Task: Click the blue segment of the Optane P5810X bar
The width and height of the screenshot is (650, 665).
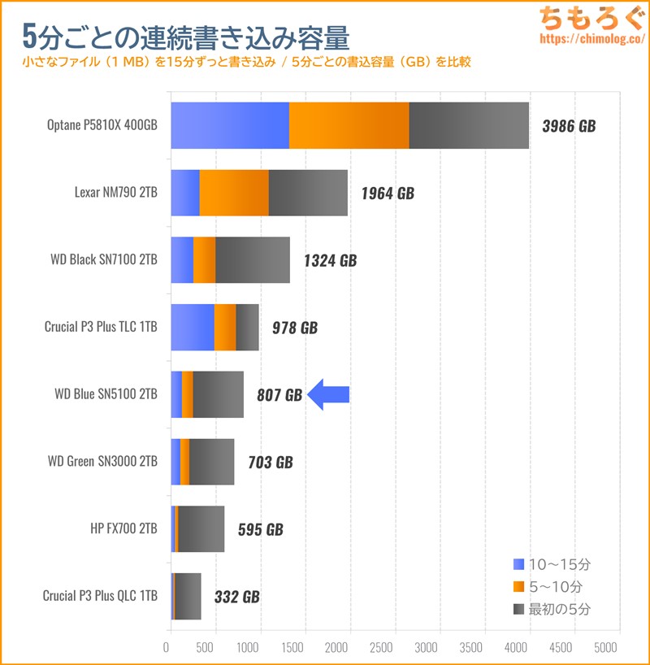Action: click(x=230, y=126)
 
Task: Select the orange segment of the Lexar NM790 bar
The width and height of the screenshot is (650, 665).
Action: click(x=234, y=193)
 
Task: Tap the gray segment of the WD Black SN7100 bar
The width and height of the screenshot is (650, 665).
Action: click(x=253, y=260)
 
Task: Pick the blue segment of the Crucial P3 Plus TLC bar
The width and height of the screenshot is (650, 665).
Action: click(x=193, y=328)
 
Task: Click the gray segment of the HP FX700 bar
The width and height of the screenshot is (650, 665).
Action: click(x=201, y=529)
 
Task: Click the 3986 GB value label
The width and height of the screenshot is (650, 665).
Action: click(x=568, y=126)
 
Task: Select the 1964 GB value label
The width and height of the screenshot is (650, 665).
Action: click(x=387, y=193)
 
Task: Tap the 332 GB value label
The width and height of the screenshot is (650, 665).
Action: click(x=236, y=596)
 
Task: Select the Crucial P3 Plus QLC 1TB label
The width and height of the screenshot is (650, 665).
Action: click(x=100, y=596)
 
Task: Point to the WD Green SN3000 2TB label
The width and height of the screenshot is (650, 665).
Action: click(x=103, y=462)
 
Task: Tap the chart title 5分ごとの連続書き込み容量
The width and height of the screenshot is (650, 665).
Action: click(x=187, y=36)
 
